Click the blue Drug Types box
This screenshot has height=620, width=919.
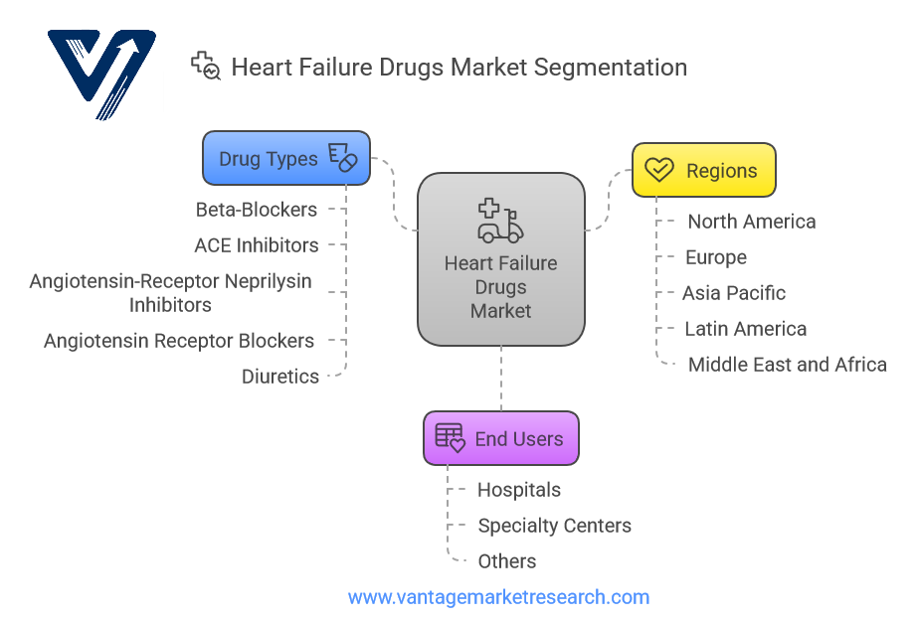tap(286, 159)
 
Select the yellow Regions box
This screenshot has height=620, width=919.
tap(704, 170)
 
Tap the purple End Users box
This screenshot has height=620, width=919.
tap(500, 438)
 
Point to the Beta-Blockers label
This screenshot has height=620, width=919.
tap(257, 210)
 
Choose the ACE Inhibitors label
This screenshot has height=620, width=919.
tap(257, 245)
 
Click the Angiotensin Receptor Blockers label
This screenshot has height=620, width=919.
tap(179, 341)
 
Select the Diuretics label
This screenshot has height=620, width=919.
tap(280, 377)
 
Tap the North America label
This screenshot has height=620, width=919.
tap(752, 222)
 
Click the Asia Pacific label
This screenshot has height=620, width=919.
tap(734, 293)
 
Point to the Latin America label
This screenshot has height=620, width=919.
tap(746, 329)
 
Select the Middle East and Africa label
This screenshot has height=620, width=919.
tap(788, 365)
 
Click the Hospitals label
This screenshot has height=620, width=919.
tap(519, 490)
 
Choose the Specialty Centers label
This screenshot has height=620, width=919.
tap(554, 526)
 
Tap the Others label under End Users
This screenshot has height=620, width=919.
tap(507, 561)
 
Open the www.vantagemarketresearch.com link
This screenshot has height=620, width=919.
tap(498, 597)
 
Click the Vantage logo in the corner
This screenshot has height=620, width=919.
tap(102, 76)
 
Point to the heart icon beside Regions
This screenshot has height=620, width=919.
tap(658, 170)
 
